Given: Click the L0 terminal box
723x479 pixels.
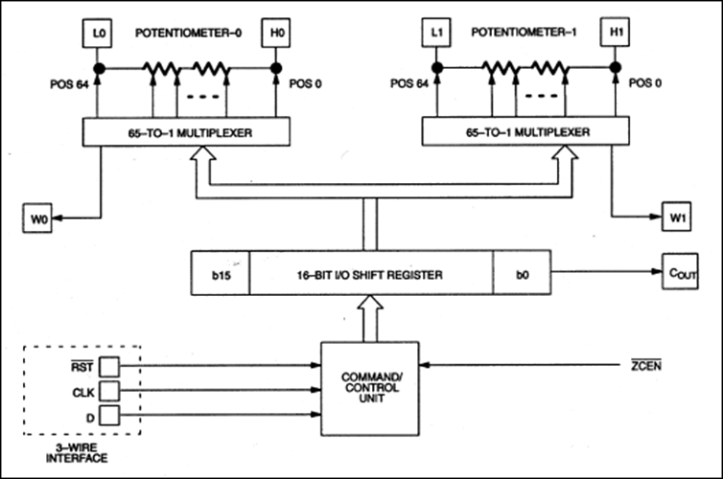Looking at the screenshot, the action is coord(97,34).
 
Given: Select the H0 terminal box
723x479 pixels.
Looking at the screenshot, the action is coord(276,33).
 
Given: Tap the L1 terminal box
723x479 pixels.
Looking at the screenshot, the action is coord(436,33).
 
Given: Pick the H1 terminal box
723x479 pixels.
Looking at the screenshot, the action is coord(615,32).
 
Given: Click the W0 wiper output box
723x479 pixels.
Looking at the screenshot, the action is coord(37,217).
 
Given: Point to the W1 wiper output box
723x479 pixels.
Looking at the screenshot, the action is coord(676,217).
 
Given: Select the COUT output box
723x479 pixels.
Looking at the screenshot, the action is coord(680,271).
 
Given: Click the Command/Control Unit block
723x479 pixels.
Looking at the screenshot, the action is coord(370,389).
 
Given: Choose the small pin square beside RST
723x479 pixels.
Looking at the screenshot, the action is coord(109,367).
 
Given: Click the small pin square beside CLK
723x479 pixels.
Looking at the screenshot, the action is coord(109,391).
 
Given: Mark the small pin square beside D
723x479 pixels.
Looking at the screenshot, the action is coord(109,416).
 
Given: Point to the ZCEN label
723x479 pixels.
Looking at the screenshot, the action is coord(646,365).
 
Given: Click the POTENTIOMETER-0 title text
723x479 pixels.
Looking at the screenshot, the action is coord(188,33).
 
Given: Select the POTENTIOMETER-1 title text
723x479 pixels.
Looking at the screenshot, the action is coord(524,32).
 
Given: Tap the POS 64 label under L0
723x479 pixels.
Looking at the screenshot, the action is coord(69,84).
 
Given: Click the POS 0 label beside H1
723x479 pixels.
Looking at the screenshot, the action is coord(645,83).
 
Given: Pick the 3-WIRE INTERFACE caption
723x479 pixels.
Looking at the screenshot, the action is coord(77,453).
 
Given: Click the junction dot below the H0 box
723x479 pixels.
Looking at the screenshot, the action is coord(276,69).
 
